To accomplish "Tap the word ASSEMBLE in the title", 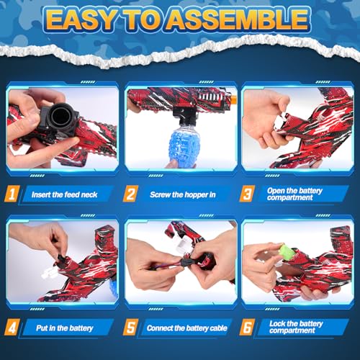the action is pyautogui.click(x=237, y=19).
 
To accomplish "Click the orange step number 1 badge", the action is pyautogui.click(x=12, y=194).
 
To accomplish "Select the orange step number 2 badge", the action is pyautogui.click(x=130, y=194).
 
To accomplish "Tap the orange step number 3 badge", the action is pyautogui.click(x=247, y=194).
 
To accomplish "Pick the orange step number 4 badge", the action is pyautogui.click(x=12, y=327).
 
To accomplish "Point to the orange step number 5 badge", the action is pyautogui.click(x=130, y=327).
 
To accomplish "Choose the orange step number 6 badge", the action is pyautogui.click(x=247, y=327).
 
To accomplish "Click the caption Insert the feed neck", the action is pyautogui.click(x=64, y=194).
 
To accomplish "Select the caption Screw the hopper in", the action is pyautogui.click(x=183, y=194).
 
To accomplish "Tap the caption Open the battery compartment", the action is pyautogui.click(x=294, y=194).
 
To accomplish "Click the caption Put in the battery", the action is pyautogui.click(x=64, y=328).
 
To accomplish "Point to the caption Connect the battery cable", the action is pyautogui.click(x=186, y=328).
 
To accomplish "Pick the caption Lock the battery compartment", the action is pyautogui.click(x=296, y=327).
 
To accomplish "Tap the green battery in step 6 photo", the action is pyautogui.click(x=287, y=251).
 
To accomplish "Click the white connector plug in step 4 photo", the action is pyautogui.click(x=48, y=274).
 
